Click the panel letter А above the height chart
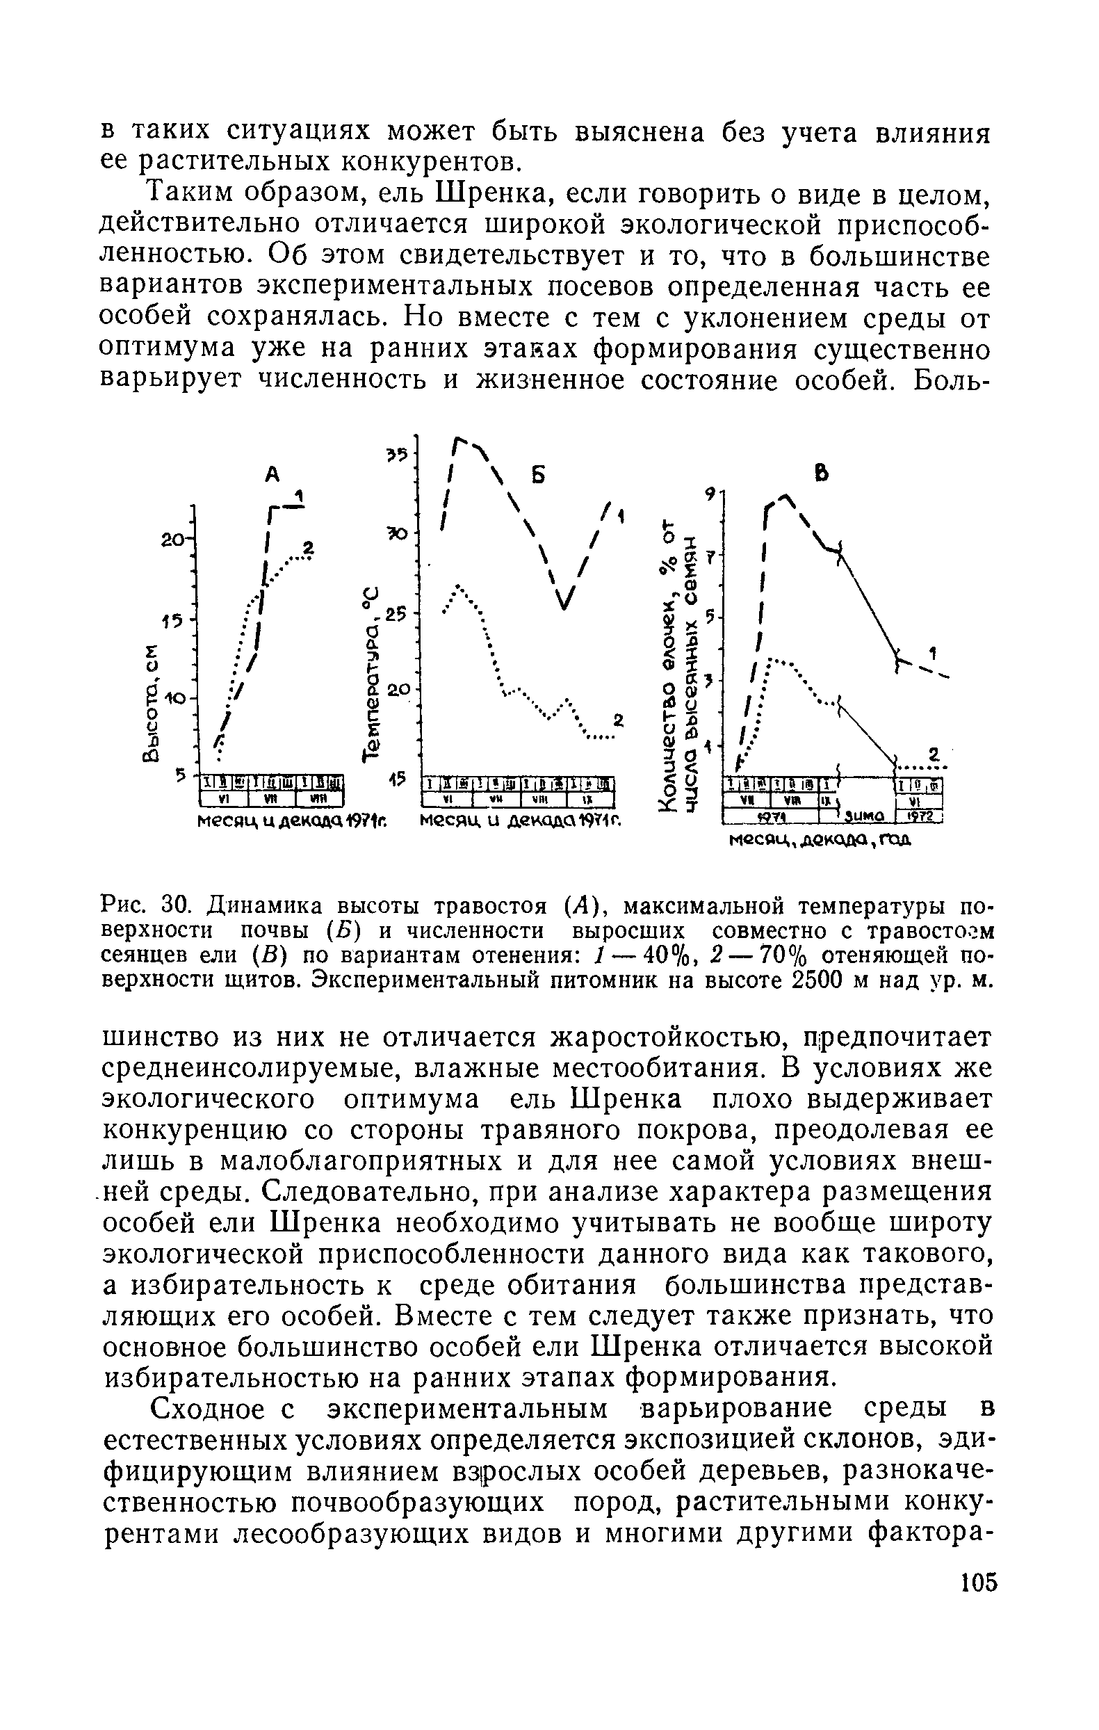pos(272,474)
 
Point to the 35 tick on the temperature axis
pos(396,454)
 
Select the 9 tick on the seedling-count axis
pos(710,494)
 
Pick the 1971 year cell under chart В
pos(773,817)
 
